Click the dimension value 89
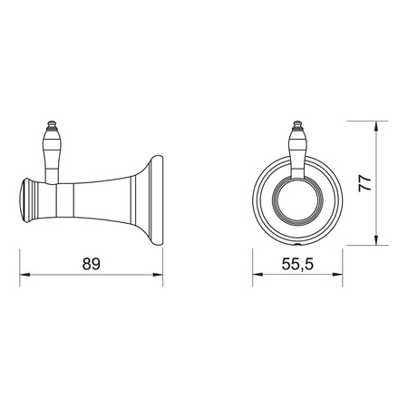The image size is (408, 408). click(91, 264)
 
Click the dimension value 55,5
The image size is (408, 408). click(297, 265)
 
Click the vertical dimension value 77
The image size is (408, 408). click(364, 183)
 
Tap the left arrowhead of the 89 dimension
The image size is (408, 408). click(24, 275)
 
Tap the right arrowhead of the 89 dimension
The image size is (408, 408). click(158, 275)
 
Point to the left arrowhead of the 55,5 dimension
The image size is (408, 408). click(257, 275)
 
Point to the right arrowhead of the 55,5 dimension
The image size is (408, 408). click(337, 275)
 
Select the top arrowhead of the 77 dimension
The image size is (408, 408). click(376, 126)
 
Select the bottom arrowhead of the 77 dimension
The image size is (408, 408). click(376, 240)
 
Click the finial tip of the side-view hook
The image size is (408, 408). click(52, 123)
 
